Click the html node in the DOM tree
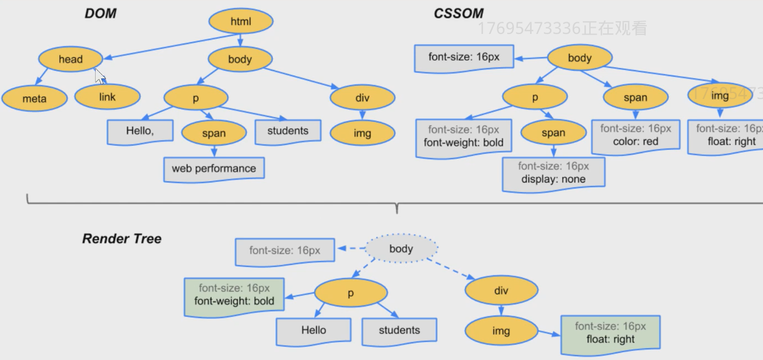point(241,22)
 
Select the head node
point(71,60)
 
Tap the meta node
point(34,99)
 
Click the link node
point(107,97)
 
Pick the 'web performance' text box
point(214,169)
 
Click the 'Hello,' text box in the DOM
point(140,131)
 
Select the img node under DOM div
point(362,134)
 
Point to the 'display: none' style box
point(553,173)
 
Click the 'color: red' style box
point(636,135)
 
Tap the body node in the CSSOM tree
point(579,58)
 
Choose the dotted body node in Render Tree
point(401,249)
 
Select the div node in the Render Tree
point(501,290)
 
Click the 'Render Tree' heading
point(122,239)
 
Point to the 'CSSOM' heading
point(458,13)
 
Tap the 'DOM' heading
point(101,13)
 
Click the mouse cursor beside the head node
point(100,75)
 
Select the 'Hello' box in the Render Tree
point(314,331)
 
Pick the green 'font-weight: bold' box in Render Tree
point(234,295)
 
